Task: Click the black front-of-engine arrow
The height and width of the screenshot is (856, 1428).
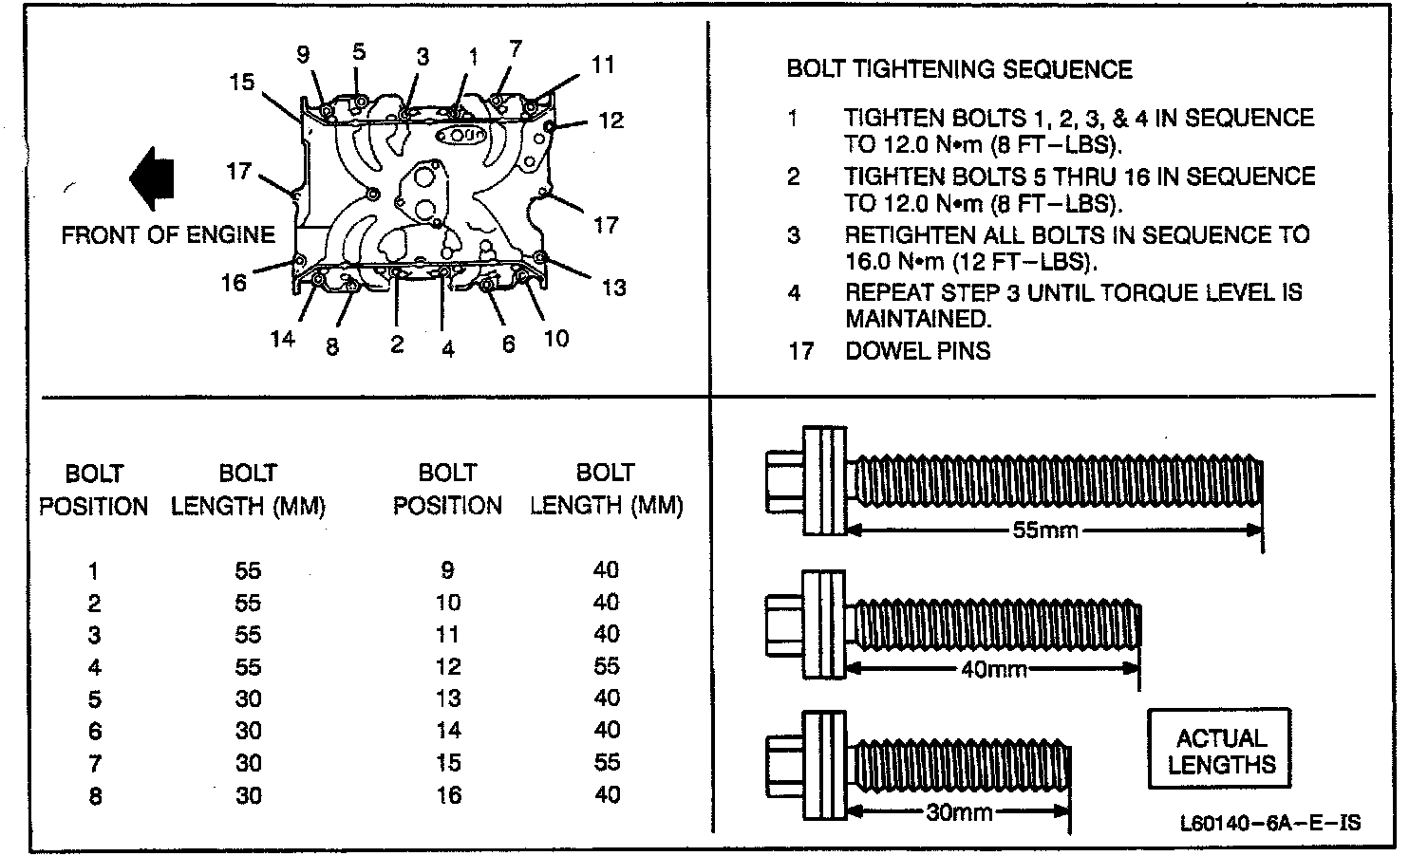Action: point(152,178)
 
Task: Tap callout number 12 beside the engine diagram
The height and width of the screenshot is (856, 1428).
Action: point(611,121)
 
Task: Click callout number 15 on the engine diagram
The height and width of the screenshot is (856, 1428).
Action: point(242,83)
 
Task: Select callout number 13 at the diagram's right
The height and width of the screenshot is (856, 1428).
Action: point(614,287)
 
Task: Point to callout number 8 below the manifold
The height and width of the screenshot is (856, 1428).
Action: point(331,347)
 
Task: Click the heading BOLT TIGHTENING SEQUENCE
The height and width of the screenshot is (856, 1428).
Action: point(959,69)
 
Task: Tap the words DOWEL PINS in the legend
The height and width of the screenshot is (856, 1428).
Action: point(917,351)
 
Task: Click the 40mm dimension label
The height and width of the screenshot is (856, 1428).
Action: point(993,669)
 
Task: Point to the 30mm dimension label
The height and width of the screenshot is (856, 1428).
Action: point(958,812)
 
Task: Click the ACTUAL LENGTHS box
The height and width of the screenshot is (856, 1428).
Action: point(1221,751)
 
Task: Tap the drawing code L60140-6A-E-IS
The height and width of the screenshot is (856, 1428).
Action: point(1269,823)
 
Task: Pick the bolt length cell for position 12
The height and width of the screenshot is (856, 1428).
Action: point(607,666)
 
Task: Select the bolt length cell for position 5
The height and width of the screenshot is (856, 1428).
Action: point(249,699)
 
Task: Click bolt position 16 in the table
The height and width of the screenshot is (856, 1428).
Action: point(448,794)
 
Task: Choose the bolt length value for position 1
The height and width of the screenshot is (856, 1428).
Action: point(249,571)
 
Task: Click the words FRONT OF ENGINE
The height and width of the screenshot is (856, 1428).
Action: point(168,234)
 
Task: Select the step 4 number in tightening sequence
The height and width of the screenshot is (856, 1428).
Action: point(794,293)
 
